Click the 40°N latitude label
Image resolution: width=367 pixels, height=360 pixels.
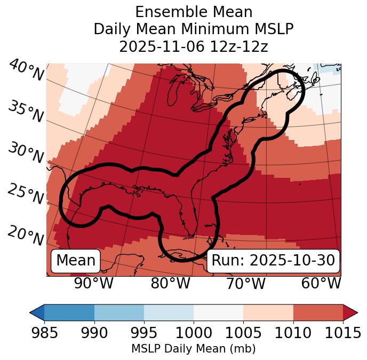(x=26, y=71)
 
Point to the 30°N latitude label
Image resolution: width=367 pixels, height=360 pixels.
(x=26, y=154)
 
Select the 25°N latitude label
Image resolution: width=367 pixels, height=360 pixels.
(x=26, y=194)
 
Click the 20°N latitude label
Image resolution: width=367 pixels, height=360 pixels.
(x=26, y=236)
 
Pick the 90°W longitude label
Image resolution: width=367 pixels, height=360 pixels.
(x=94, y=284)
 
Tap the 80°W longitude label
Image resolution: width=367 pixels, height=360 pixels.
(x=170, y=284)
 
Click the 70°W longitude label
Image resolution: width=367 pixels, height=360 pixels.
(x=245, y=284)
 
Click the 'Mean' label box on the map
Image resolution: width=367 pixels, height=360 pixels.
(x=76, y=261)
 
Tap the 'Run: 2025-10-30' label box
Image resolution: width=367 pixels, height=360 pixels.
(x=273, y=261)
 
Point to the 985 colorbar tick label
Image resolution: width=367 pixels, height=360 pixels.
(x=45, y=333)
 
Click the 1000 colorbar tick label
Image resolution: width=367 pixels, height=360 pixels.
(x=194, y=333)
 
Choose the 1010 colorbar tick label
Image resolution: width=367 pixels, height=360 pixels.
(x=293, y=333)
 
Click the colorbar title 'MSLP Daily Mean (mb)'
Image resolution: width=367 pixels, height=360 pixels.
(x=194, y=349)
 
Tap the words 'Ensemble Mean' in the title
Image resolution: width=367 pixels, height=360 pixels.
(x=194, y=12)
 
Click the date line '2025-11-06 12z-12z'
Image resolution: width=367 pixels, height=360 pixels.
(x=194, y=46)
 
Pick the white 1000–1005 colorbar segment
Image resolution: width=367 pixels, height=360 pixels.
(x=218, y=312)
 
